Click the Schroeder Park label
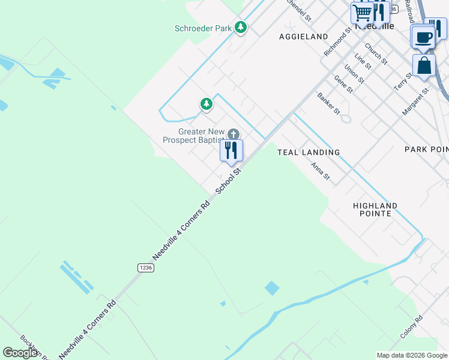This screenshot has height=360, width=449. (203, 28)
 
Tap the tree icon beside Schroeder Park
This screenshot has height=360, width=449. (241, 28)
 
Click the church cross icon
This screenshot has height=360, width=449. (233, 134)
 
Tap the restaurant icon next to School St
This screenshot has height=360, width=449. (231, 151)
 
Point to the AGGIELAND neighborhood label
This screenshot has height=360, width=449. (304, 37)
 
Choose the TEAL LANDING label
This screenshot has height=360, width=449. (309, 152)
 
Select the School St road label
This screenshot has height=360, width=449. (228, 180)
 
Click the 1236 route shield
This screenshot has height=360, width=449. (145, 268)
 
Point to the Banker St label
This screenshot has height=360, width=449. (328, 103)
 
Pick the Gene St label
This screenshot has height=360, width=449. (343, 84)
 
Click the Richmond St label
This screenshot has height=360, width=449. (336, 42)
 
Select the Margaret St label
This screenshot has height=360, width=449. (415, 101)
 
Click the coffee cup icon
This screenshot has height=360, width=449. (423, 37)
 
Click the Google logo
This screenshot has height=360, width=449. (20, 353)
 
